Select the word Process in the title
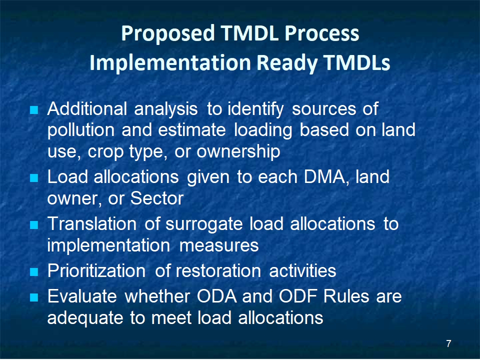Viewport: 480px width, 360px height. coord(321,33)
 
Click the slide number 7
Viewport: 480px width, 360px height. coord(448,343)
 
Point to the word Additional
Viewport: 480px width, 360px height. coord(87,108)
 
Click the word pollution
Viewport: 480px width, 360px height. coord(81,130)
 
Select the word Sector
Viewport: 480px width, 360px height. coord(156,198)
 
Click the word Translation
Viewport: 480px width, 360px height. coord(92,224)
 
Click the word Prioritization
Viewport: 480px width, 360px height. coord(96,271)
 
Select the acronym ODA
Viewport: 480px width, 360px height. coord(216,296)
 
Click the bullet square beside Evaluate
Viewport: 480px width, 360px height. coord(34,297)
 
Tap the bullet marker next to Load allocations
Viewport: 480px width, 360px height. coord(34,178)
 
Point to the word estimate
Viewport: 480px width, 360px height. coord(192,130)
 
